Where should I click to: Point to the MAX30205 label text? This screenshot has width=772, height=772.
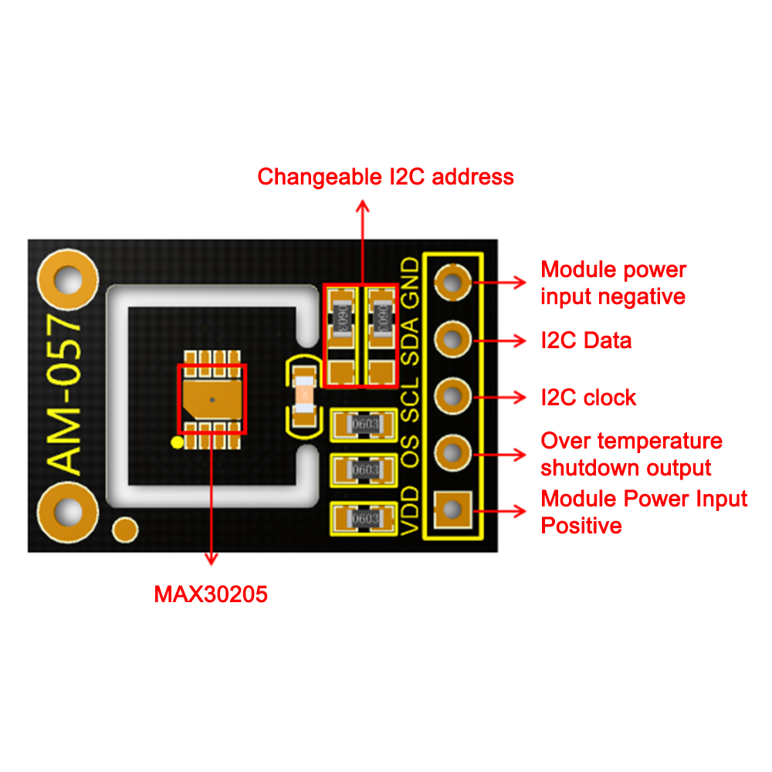[x=211, y=594]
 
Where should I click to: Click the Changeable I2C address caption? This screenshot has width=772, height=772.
[x=385, y=177]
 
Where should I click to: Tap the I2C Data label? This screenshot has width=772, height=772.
[x=586, y=340]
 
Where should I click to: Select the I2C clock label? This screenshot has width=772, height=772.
[x=588, y=398]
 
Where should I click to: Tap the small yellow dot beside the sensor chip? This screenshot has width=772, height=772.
[x=177, y=442]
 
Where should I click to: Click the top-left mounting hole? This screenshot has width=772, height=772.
[x=69, y=279]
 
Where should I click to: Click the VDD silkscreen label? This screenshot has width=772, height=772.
[x=411, y=510]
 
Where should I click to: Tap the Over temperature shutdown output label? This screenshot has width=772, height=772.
[x=631, y=454]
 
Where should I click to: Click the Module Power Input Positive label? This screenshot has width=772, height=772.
[x=644, y=512]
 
